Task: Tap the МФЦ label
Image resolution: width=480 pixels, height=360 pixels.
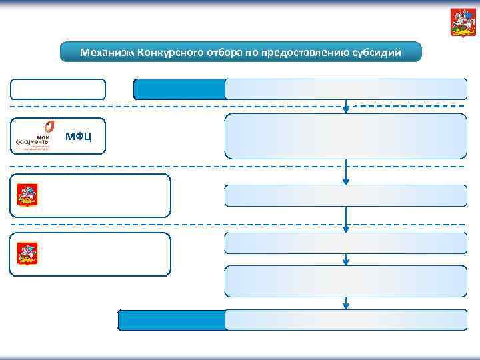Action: click(x=79, y=137)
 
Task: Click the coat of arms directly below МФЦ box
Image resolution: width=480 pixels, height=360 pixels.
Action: click(x=27, y=195)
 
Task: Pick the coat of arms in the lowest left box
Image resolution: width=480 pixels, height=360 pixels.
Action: click(x=27, y=253)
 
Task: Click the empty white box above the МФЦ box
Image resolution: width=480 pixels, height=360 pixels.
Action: click(x=57, y=89)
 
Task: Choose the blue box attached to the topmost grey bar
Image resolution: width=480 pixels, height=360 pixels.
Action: click(x=179, y=89)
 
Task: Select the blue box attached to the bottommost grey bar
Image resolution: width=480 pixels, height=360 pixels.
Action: click(x=171, y=320)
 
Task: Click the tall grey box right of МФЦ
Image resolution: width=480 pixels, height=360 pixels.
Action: click(x=345, y=136)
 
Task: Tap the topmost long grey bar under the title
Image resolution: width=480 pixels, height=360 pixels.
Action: click(x=345, y=89)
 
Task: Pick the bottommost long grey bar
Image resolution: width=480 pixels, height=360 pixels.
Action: click(x=345, y=320)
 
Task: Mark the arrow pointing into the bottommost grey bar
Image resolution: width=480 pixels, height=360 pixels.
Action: click(x=345, y=303)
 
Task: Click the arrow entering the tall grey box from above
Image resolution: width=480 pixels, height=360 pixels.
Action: click(x=345, y=107)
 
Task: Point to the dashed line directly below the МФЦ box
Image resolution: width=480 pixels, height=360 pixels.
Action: click(x=173, y=166)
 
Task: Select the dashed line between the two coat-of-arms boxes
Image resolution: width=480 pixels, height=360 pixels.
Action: click(x=173, y=225)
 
